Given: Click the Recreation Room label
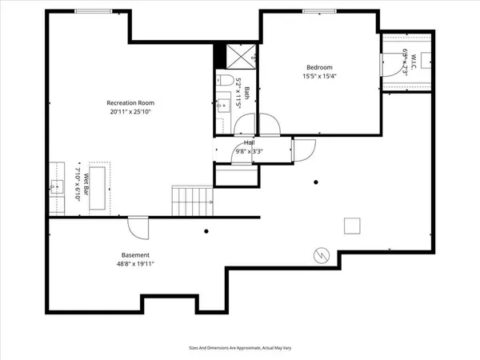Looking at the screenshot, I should coord(130,102).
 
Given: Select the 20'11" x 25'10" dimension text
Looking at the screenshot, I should coord(130,113).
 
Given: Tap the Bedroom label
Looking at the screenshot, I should coord(318,67).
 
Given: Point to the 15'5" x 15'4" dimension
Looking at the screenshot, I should coord(318,77).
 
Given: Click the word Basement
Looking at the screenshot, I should coord(135,254).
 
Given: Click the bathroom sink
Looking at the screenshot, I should coord(224,103).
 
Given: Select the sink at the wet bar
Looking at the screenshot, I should coord(57,188).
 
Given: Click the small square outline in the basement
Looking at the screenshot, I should coord(352,226).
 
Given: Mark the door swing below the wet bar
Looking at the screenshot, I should coord(139,229).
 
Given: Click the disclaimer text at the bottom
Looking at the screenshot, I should coord(240,349).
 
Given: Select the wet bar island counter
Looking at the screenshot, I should coord(100,188).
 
